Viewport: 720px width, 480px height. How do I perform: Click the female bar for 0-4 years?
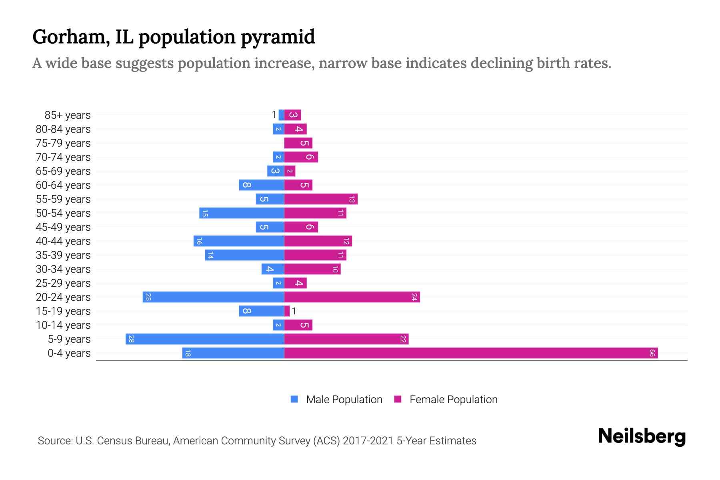tap(471, 353)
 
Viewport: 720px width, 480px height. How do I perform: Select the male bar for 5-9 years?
tap(205, 339)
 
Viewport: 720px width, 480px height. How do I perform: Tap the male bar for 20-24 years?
tap(213, 297)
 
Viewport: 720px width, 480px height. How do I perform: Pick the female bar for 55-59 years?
tap(321, 199)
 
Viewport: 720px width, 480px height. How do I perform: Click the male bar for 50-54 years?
tap(242, 213)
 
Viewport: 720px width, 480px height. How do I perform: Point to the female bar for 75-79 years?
tap(298, 143)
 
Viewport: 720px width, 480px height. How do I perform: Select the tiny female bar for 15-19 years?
tap(287, 311)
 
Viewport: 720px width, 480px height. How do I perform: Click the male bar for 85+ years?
tap(281, 115)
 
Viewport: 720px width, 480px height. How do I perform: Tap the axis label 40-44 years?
tap(63, 241)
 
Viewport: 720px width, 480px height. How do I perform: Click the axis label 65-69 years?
tap(63, 171)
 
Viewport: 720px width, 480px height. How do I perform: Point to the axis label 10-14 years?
tap(63, 325)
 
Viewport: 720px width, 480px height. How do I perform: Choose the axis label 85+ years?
tap(68, 115)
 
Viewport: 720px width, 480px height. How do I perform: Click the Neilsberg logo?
tap(642, 436)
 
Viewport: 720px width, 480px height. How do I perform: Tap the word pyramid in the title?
tap(278, 37)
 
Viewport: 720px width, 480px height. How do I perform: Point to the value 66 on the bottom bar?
tap(652, 353)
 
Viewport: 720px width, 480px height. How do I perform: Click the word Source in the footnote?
tap(54, 441)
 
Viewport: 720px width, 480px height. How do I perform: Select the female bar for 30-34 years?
tap(312, 269)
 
